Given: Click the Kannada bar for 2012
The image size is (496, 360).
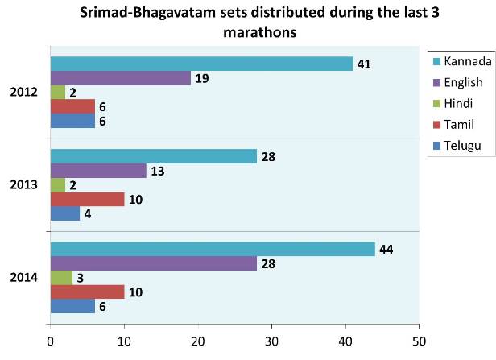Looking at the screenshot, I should point(201,64).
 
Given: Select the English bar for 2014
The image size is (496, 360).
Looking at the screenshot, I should point(153,263).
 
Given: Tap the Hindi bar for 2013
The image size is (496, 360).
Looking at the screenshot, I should point(58,184).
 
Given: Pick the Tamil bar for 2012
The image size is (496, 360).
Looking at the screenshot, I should point(72,106).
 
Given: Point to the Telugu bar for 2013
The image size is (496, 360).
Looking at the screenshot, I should point(64,213).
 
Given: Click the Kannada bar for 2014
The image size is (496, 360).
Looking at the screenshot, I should point(213,250).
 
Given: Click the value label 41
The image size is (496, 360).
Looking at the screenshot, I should point(365,64).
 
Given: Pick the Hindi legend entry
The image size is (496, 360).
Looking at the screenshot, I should point(457,102).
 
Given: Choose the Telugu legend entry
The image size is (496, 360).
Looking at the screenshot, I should point(458,144).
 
